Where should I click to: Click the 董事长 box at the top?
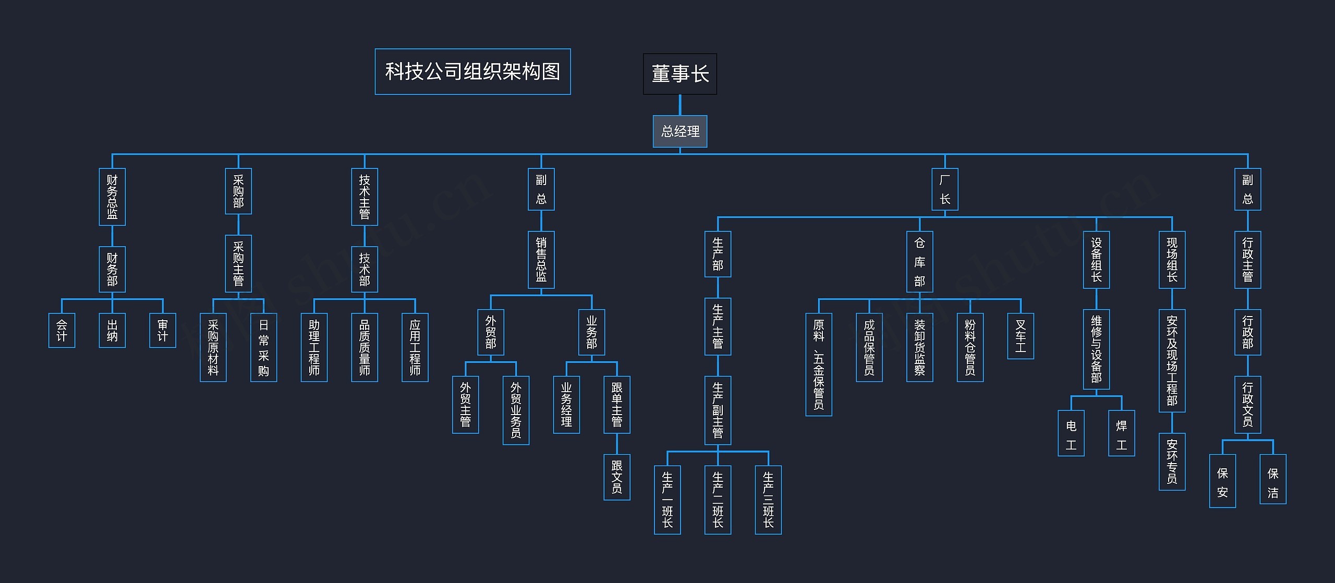click(679, 74)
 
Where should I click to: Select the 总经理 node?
click(679, 131)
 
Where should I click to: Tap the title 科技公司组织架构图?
click(472, 72)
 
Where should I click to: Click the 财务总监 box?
click(112, 197)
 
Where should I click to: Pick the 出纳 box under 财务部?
click(112, 330)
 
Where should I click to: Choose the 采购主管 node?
click(238, 263)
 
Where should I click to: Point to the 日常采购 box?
click(263, 347)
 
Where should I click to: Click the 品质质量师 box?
click(365, 347)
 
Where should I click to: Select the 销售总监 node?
click(541, 260)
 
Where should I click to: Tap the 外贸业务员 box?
click(516, 410)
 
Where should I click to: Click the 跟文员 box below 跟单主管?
click(617, 477)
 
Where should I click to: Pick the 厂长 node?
click(944, 189)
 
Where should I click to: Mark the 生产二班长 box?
click(718, 500)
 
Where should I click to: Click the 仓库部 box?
click(919, 262)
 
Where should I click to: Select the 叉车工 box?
click(1021, 336)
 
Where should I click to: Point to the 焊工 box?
click(1121, 433)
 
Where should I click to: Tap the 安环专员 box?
click(1172, 461)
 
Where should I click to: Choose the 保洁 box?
click(1273, 479)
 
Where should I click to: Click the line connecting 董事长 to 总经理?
click(679, 105)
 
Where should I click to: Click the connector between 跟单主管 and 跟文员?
click(617, 444)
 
